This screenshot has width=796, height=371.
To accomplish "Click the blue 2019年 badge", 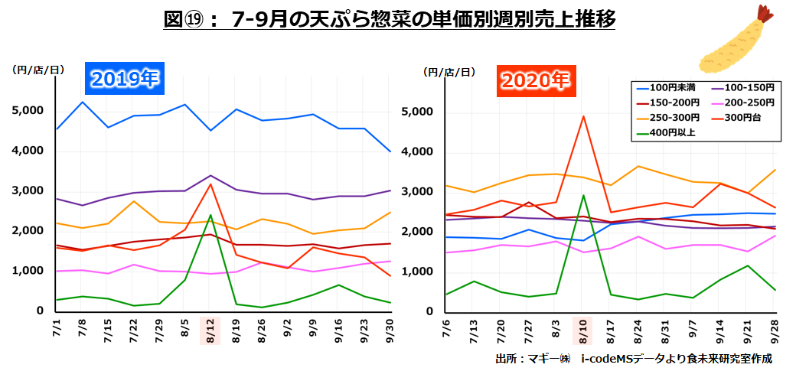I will [x=125, y=78].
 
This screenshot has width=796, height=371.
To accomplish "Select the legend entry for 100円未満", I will [x=666, y=87].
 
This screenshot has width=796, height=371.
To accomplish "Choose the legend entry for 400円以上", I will [x=666, y=132].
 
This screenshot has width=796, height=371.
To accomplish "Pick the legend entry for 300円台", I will [x=738, y=117].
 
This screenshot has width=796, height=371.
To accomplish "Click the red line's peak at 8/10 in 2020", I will [x=584, y=116].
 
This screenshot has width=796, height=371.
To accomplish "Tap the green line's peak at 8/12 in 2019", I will [x=210, y=215].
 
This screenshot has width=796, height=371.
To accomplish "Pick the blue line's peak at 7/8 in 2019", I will [x=83, y=102].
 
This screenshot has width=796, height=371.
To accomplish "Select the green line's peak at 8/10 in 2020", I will [x=584, y=195].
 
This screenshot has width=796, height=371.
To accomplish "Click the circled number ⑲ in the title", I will [x=196, y=18].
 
